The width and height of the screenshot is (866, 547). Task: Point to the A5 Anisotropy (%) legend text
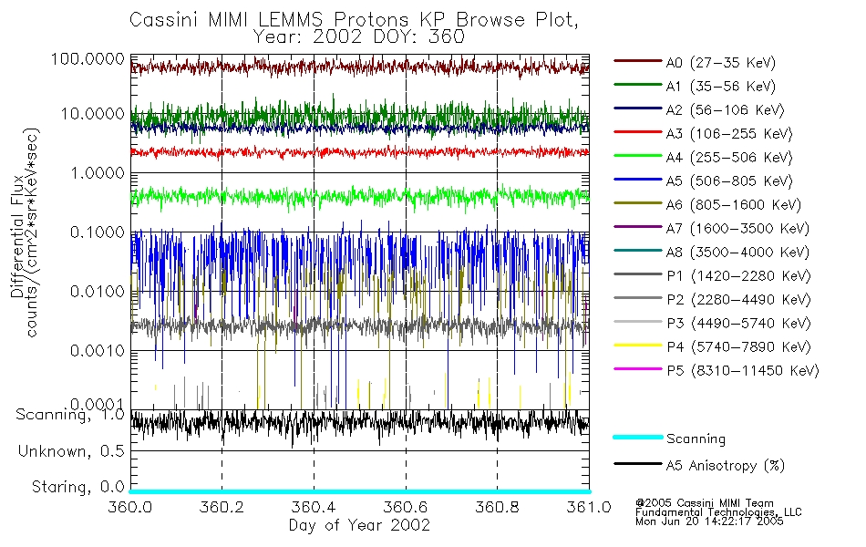tap(726, 466)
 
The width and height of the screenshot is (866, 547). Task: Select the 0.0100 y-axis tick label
tap(96, 291)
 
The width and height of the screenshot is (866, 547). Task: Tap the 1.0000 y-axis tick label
tap(96, 172)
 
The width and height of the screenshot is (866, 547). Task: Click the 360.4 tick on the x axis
tap(314, 507)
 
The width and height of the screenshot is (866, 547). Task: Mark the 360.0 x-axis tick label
tap(130, 507)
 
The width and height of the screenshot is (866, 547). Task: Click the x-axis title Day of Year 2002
tap(359, 525)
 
